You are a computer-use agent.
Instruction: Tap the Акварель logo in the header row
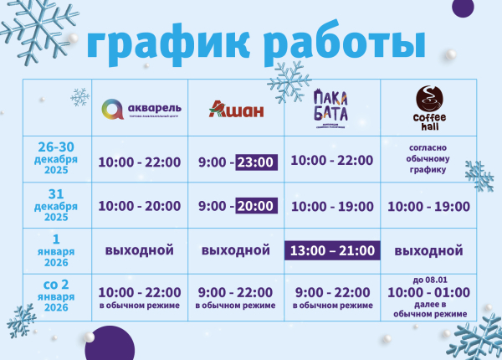click(x=140, y=109)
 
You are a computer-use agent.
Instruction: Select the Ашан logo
click(x=238, y=110)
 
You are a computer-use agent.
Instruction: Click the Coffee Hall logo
click(x=428, y=107)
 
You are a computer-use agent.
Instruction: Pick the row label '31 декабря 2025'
click(x=58, y=205)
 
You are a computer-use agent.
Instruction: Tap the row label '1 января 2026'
click(x=58, y=249)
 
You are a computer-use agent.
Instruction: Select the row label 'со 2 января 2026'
click(x=58, y=296)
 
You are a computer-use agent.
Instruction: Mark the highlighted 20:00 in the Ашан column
click(x=255, y=206)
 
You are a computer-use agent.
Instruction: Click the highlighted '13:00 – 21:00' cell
click(x=332, y=250)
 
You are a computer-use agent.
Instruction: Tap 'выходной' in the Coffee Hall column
click(x=428, y=250)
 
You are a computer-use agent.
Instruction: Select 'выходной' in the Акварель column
click(x=140, y=250)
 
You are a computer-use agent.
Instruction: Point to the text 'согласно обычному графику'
click(x=428, y=158)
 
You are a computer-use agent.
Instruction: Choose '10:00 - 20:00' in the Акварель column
click(x=140, y=206)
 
